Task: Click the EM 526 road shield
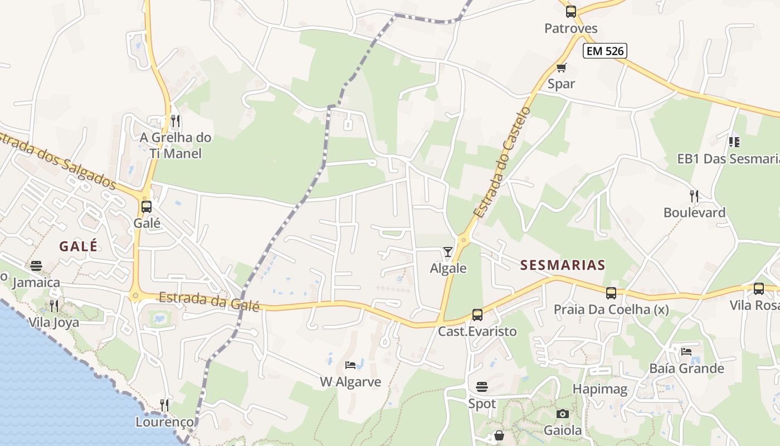coord(605,51)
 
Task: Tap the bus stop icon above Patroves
coord(571,12)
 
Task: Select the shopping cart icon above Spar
coord(561,68)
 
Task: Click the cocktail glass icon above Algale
coord(448,252)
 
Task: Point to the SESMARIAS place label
coord(563,265)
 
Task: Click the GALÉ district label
coord(78,246)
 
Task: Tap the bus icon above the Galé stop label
coord(147,207)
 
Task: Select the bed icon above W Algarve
coord(350,365)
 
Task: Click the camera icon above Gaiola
coord(563,414)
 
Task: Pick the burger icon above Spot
coord(482,386)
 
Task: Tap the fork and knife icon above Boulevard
coord(694,196)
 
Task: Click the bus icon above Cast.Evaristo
coord(477,315)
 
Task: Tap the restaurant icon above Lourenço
coord(164,405)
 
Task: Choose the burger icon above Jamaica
coord(36,265)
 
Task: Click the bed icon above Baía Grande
coord(686,351)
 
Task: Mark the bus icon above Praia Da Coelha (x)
coord(611,293)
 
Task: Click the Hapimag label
coord(600,389)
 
